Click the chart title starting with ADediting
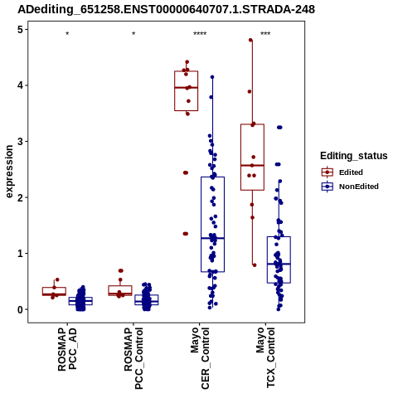point(166,10)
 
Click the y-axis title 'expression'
point(9,172)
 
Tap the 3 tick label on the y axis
point(21,142)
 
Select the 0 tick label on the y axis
point(21,309)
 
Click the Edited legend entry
point(342,172)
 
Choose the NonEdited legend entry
point(350,187)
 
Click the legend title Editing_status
point(354,156)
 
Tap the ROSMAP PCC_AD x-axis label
point(67,349)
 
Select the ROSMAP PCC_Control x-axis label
point(133,358)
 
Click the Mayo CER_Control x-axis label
point(200,358)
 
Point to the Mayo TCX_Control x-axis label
point(265,357)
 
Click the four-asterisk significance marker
point(200,34)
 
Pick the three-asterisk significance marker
point(265,34)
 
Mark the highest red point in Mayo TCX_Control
point(250,40)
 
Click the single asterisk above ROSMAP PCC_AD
point(67,34)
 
